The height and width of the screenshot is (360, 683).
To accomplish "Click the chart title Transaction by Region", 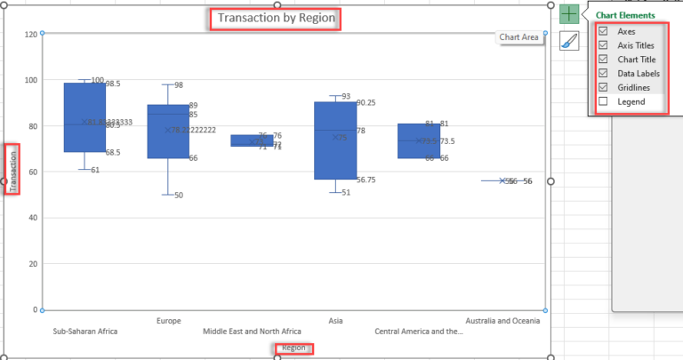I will [x=274, y=19].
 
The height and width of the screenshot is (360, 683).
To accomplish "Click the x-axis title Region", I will [x=293, y=348].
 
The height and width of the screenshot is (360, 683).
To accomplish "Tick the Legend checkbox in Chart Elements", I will [x=603, y=102].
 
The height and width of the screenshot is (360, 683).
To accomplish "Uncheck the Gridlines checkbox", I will [x=603, y=88].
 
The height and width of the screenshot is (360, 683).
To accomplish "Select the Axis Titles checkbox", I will [x=603, y=45].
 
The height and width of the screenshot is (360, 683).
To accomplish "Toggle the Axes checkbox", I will [x=603, y=31].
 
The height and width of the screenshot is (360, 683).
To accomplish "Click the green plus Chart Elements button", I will [x=569, y=14].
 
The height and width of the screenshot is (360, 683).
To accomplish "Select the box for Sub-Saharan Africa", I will [x=84, y=117].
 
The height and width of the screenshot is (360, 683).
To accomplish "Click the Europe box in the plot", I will [x=168, y=132].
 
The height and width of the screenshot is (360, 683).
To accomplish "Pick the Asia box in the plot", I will [x=335, y=140].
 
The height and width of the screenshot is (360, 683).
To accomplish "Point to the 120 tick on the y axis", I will [x=31, y=34].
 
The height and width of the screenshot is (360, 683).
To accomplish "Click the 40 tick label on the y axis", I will [x=33, y=218].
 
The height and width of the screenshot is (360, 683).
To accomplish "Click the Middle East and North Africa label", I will [x=252, y=332].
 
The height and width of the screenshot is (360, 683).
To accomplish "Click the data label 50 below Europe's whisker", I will [x=179, y=195].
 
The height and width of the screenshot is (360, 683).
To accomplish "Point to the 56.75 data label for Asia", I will [x=366, y=180].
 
